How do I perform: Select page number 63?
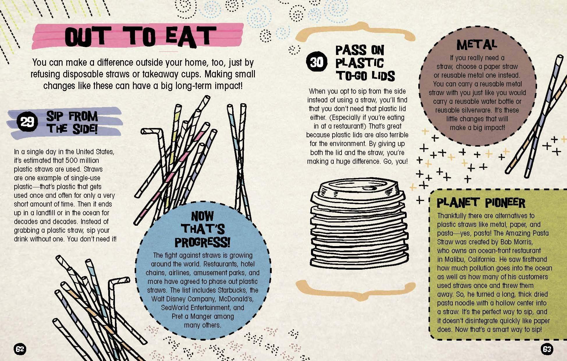[547, 349]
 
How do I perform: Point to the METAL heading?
[477, 45]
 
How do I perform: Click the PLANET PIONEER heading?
[481, 203]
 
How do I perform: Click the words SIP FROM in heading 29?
[72, 116]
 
